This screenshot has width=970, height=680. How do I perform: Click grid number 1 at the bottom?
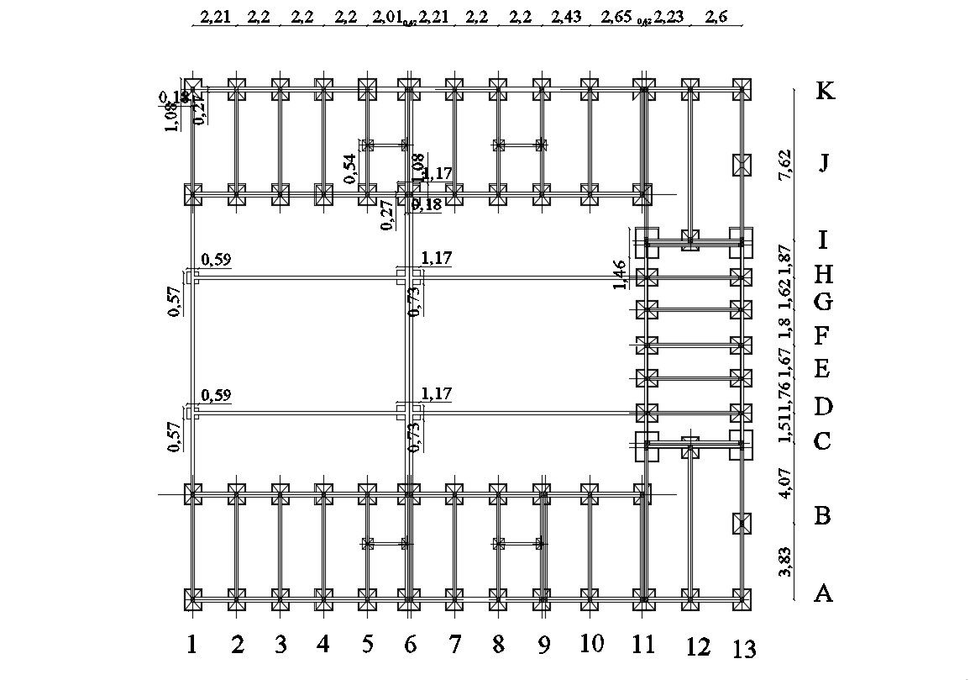click(192, 645)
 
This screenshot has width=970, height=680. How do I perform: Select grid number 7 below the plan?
click(454, 645)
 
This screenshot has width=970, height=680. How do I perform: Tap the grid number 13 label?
click(744, 648)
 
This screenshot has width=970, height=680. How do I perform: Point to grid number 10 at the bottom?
click(591, 644)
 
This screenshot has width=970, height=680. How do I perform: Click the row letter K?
click(825, 91)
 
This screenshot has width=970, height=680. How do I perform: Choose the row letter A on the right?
click(823, 593)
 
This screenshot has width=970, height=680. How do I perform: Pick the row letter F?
click(823, 336)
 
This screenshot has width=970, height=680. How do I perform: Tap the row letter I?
click(823, 240)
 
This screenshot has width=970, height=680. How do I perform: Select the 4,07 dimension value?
click(785, 483)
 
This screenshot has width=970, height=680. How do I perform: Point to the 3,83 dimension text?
click(785, 561)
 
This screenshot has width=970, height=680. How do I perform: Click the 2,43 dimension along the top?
click(566, 17)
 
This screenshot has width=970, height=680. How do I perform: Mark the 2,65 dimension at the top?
click(616, 17)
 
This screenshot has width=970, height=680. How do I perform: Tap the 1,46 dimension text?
click(620, 274)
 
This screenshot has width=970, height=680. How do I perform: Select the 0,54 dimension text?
click(351, 168)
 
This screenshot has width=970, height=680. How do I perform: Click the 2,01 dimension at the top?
click(387, 17)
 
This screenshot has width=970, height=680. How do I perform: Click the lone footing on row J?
click(741, 165)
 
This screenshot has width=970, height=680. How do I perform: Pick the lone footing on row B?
click(741, 523)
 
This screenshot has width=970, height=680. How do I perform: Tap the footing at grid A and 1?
click(193, 598)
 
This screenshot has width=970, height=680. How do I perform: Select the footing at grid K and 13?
click(741, 88)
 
